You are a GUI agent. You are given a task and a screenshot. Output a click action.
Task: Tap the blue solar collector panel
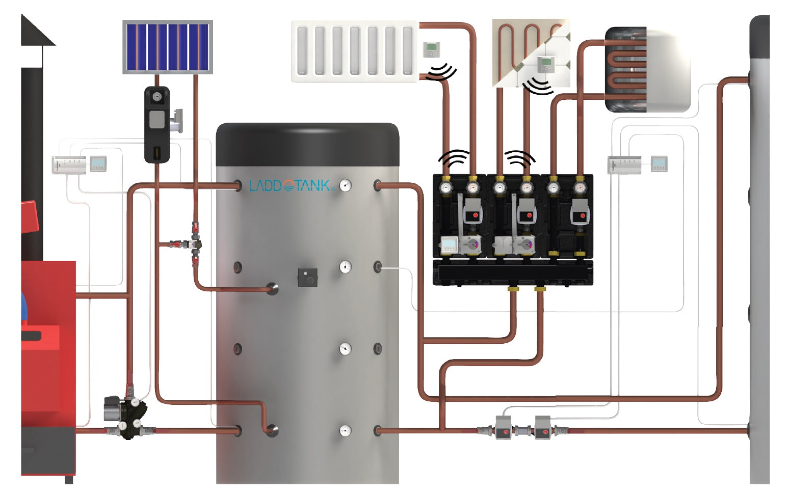tap(167, 47)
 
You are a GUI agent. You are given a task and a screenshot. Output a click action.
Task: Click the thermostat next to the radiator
tap(432, 49)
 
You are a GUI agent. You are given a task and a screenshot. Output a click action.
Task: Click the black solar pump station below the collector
tap(156, 125)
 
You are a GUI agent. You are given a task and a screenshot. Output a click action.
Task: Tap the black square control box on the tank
tap(307, 278)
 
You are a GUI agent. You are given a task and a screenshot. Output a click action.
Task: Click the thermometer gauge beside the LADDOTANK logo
tap(346, 185)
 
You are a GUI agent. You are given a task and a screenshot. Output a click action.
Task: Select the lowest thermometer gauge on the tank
tap(346, 431)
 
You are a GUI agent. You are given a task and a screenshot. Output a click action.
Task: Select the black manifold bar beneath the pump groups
tap(513, 272)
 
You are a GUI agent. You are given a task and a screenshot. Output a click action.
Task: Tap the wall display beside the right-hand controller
tap(659, 163)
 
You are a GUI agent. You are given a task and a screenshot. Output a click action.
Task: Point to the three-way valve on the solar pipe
tap(195, 244)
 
